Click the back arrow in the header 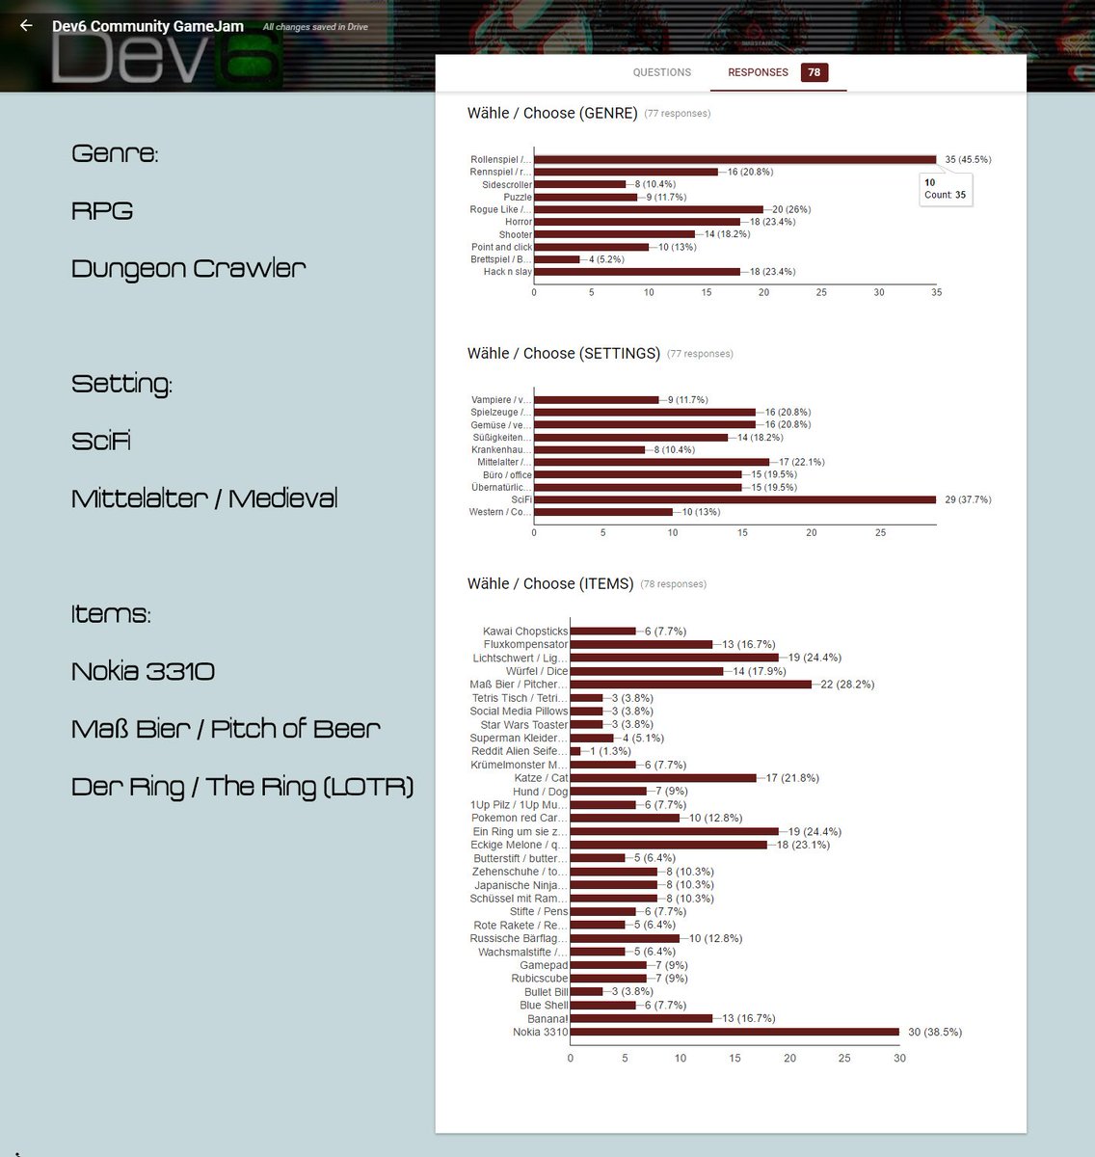(x=26, y=26)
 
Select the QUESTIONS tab (x=661, y=72)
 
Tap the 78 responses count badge (x=815, y=72)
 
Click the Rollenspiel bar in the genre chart (x=734, y=159)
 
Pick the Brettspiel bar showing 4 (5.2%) (x=557, y=259)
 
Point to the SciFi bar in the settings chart (x=734, y=499)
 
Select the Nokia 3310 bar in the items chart (x=734, y=1032)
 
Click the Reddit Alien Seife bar (x=575, y=751)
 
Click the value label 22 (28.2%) (x=847, y=685)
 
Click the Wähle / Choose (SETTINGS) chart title (x=563, y=354)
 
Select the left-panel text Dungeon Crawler (x=189, y=268)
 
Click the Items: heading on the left (x=111, y=614)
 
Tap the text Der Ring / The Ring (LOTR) (x=243, y=787)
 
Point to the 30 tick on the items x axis (x=899, y=1058)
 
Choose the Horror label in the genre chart (x=519, y=222)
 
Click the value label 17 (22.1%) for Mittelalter (x=802, y=462)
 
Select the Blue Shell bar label (x=544, y=1005)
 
